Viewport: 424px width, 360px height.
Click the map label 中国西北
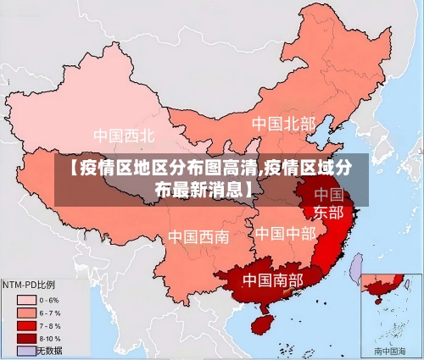coord(124,135)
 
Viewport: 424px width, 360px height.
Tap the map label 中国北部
coord(283,125)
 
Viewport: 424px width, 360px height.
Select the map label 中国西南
coord(198,236)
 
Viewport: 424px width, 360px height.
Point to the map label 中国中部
coord(286,232)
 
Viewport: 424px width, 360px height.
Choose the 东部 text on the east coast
coord(329,212)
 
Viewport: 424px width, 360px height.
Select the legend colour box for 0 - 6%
coord(25,299)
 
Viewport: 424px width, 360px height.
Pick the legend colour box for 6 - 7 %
coord(25,312)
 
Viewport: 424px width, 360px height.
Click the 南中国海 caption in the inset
coord(391,350)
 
